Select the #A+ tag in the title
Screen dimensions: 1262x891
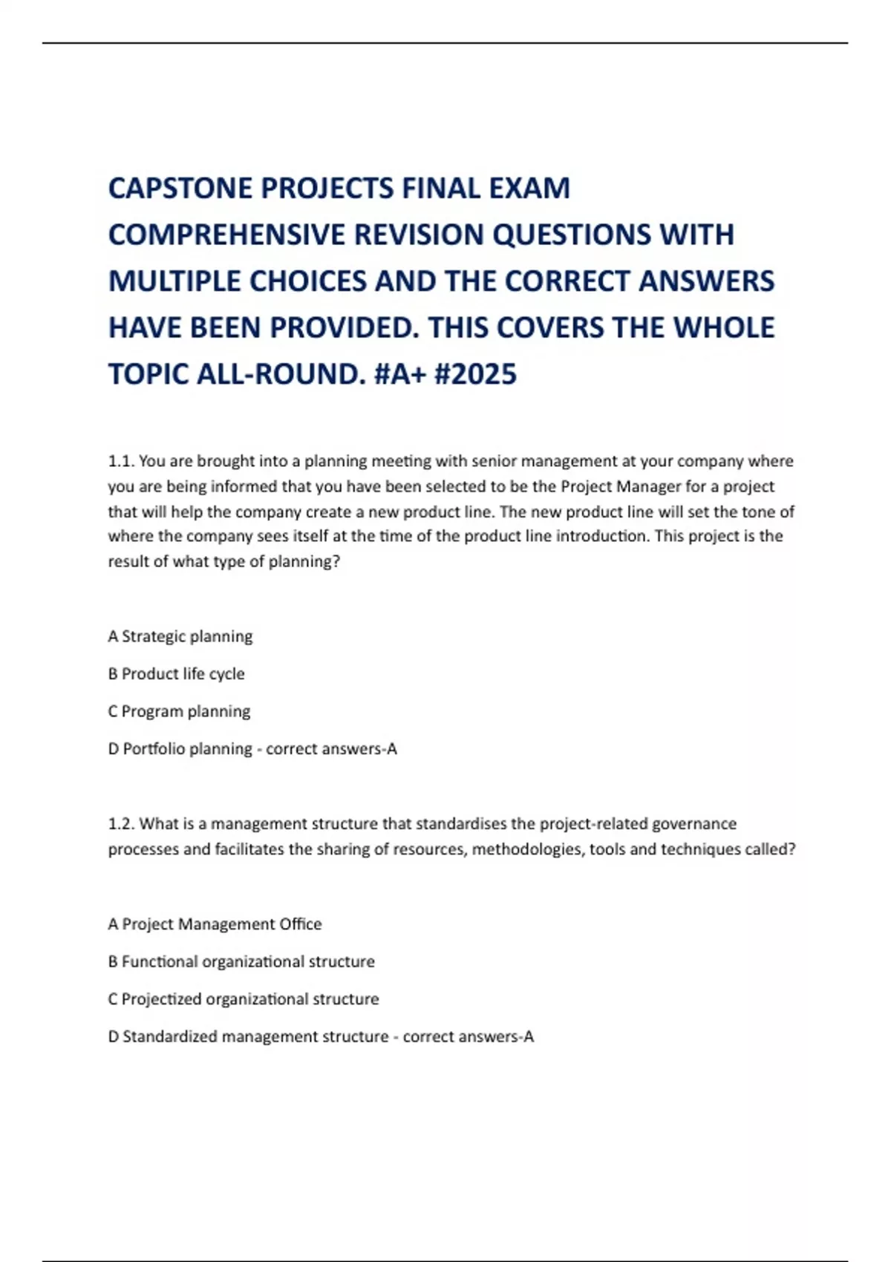click(399, 374)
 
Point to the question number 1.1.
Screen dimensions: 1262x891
click(120, 462)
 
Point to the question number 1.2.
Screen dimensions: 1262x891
click(120, 824)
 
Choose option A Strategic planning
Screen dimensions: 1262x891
click(180, 637)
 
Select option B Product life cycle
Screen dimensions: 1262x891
click(176, 674)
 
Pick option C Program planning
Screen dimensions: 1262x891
click(179, 712)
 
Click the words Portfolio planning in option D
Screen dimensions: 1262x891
click(187, 749)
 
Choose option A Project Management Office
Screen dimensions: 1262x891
click(215, 925)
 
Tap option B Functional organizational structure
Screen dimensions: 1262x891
click(241, 962)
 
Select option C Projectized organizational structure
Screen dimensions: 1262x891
click(244, 1000)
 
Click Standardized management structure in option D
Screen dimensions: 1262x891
click(255, 1037)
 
